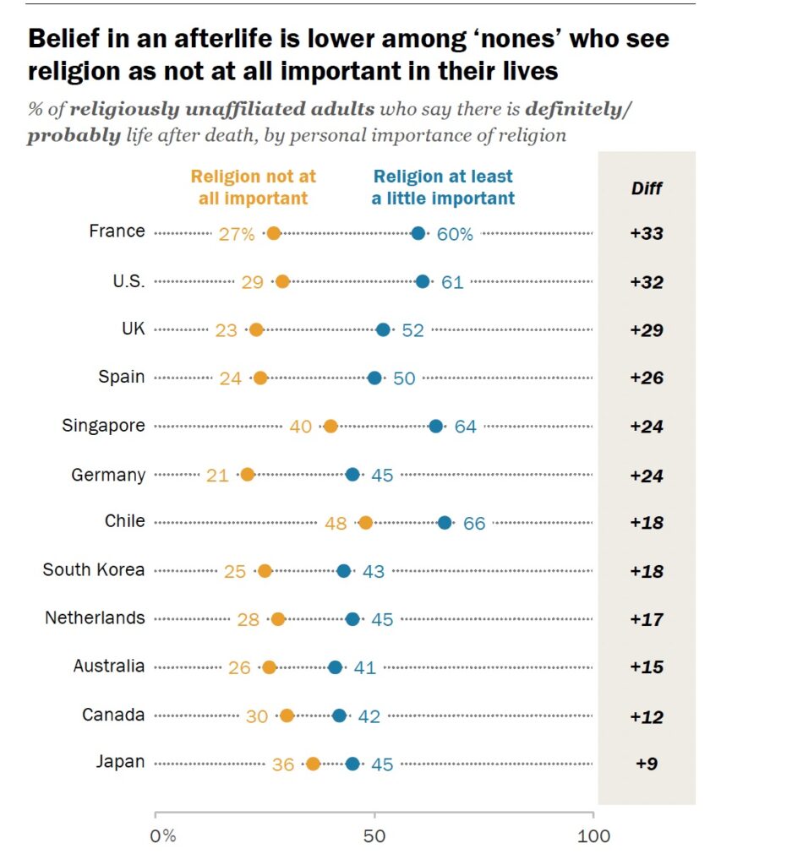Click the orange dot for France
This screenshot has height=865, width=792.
click(x=273, y=233)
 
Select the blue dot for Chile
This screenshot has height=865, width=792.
click(x=445, y=523)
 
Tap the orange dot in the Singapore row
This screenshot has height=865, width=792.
click(x=330, y=427)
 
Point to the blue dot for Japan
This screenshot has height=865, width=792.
click(x=352, y=764)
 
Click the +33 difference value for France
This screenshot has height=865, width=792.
click(x=647, y=234)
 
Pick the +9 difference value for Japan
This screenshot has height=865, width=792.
click(x=647, y=764)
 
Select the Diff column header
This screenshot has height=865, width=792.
click(x=647, y=188)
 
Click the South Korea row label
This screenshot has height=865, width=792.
click(x=94, y=570)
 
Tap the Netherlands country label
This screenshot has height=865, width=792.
click(x=95, y=618)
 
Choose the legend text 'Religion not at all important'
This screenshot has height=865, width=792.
click(x=253, y=188)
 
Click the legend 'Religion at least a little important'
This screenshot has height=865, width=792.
click(x=443, y=188)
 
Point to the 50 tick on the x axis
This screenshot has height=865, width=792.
click(x=374, y=836)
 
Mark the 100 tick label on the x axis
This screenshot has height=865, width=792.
click(x=593, y=836)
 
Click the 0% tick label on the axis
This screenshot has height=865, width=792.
click(x=162, y=836)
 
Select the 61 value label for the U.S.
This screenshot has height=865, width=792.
click(x=452, y=282)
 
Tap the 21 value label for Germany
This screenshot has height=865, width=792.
click(x=217, y=476)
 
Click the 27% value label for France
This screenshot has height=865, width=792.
click(x=237, y=234)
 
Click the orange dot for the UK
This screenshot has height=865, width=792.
click(x=256, y=330)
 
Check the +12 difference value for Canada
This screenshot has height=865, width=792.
click(x=647, y=716)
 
